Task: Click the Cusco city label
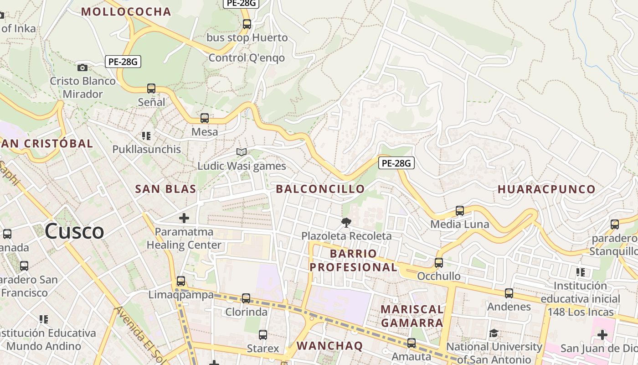click(x=74, y=231)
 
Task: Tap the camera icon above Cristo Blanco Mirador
click(x=82, y=68)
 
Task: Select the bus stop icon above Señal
click(x=151, y=88)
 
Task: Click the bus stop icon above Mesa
click(x=205, y=118)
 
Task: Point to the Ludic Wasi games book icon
click(x=242, y=152)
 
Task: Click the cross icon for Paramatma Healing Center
click(x=184, y=218)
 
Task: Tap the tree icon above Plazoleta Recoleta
click(x=346, y=223)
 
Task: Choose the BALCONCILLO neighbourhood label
click(x=320, y=189)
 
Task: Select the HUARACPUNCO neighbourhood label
click(x=546, y=189)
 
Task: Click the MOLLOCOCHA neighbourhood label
click(x=126, y=12)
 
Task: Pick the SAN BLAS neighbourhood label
click(x=166, y=189)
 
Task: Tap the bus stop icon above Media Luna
click(x=460, y=211)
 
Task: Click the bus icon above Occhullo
click(x=439, y=263)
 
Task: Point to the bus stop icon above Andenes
click(x=509, y=293)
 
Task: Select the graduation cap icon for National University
click(x=494, y=334)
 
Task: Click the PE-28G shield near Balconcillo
click(x=396, y=163)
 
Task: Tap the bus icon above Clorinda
click(x=246, y=298)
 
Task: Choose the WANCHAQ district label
click(x=329, y=346)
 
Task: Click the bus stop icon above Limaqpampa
click(x=181, y=281)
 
